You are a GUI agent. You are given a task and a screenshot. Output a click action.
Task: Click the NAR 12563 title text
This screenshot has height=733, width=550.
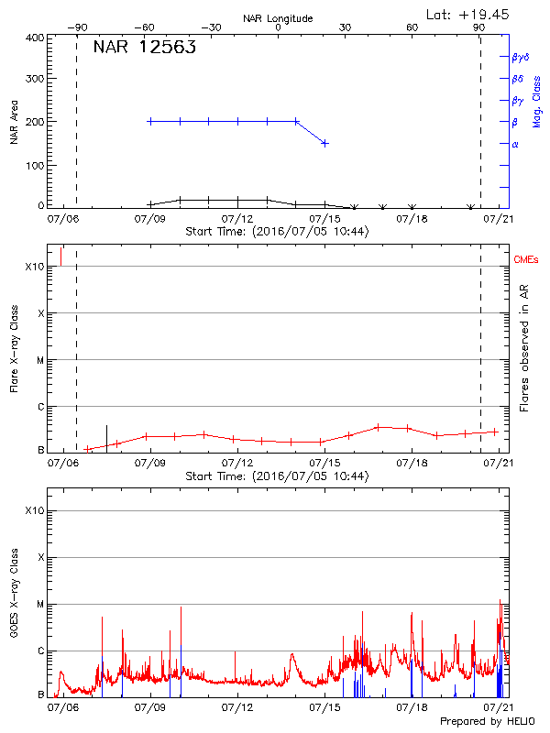coord(144,49)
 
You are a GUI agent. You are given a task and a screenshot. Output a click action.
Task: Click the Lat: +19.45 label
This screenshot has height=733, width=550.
coord(468,14)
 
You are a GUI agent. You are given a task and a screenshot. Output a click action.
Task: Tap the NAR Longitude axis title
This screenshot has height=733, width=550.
coord(278,18)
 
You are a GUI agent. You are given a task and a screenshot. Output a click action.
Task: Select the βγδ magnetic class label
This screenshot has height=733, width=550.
coord(521,57)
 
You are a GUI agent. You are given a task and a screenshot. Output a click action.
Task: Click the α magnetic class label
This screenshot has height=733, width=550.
coord(515,144)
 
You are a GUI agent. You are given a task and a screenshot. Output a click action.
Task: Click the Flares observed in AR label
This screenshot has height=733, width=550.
coord(524,348)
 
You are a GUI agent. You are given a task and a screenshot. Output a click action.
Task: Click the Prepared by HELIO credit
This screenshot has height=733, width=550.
coord(485,722)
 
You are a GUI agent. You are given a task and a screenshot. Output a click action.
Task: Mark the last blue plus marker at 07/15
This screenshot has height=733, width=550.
coord(324,143)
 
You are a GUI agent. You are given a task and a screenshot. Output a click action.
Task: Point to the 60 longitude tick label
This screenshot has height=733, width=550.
coord(412,27)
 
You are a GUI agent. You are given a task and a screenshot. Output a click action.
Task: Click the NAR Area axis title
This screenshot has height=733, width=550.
coord(14,121)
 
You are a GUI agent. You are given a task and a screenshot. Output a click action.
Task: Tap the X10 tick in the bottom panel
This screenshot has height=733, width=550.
coord(35,510)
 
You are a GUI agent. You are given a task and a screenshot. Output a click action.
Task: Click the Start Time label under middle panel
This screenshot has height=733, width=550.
coord(277,476)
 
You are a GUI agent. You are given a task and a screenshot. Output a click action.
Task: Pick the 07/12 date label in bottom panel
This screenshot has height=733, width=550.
coord(237,708)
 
